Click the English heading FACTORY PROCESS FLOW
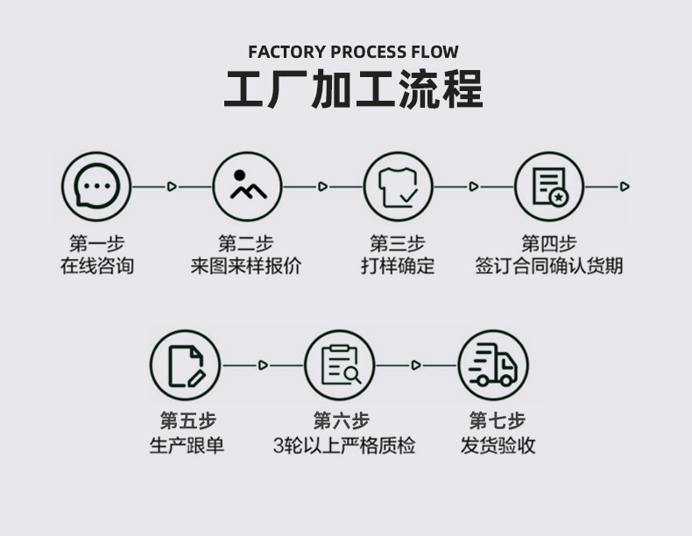(x=353, y=52)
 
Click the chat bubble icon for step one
(x=95, y=187)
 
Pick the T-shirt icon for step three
(x=399, y=187)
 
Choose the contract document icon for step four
(x=549, y=187)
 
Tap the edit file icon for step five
(x=185, y=364)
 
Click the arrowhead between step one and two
(x=172, y=187)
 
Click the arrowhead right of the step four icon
(x=625, y=187)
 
